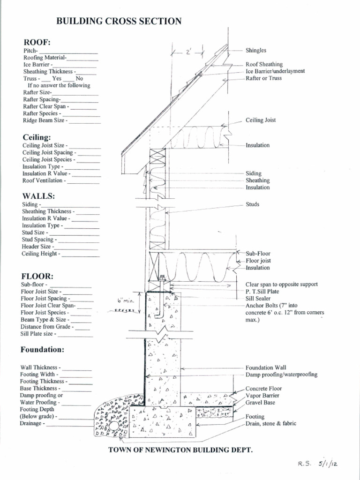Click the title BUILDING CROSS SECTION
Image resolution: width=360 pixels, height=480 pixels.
pyautogui.click(x=119, y=21)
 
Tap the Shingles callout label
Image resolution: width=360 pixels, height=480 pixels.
pyautogui.click(x=256, y=50)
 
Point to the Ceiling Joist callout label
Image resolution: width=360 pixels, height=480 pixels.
pyautogui.click(x=261, y=120)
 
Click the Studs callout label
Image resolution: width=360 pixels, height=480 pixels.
pyautogui.click(x=252, y=204)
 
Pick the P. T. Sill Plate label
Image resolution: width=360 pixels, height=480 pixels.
pyautogui.click(x=262, y=291)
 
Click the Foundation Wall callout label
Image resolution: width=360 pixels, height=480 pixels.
pyautogui.click(x=266, y=367)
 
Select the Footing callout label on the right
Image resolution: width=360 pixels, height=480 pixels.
pyautogui.click(x=255, y=417)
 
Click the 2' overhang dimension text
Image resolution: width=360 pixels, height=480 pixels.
pyautogui.click(x=188, y=52)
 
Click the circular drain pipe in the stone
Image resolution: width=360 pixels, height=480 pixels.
pyautogui.click(x=114, y=426)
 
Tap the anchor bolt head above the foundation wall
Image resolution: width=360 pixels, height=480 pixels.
pyautogui.click(x=162, y=278)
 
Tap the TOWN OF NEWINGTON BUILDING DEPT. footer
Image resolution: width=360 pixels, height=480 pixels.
pyautogui.click(x=180, y=450)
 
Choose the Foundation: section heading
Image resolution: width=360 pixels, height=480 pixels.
pyautogui.click(x=42, y=349)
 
